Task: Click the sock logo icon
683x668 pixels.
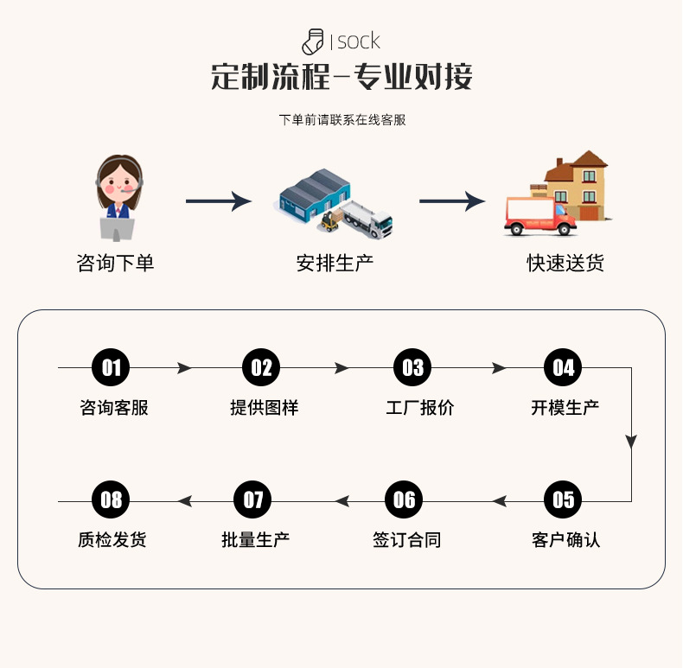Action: (313, 41)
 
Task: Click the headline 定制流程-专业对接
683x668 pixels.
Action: (341, 77)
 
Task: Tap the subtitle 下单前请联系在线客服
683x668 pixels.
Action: (342, 120)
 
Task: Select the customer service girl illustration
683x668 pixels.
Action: (118, 198)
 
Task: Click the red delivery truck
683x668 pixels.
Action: (539, 216)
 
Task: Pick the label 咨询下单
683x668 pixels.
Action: (115, 263)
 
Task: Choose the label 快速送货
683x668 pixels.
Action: (565, 263)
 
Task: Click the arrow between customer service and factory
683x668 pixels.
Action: (218, 201)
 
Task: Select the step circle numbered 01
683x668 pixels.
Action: (111, 368)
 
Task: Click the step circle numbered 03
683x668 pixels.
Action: (413, 368)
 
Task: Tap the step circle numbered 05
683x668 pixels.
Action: (563, 499)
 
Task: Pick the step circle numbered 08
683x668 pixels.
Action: (111, 499)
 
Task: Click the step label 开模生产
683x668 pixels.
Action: (565, 408)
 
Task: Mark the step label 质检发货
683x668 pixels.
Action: (112, 541)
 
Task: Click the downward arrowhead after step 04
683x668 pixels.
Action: (631, 442)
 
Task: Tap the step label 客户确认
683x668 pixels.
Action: (565, 541)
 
